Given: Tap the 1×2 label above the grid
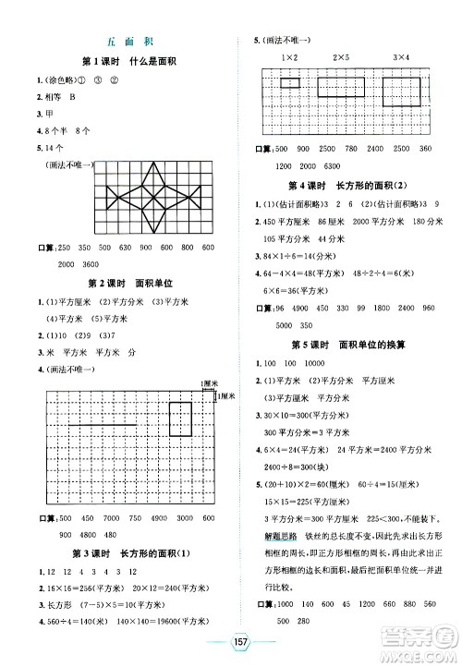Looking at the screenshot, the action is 289,58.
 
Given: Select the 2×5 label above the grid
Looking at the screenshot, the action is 342,58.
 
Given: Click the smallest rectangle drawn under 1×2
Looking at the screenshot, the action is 290,82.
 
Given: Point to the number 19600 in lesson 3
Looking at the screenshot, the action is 180,619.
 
